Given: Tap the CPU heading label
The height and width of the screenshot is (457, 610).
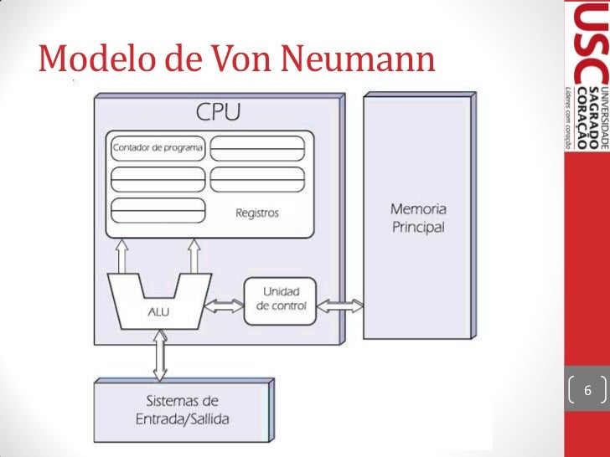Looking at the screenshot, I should coord(218,111).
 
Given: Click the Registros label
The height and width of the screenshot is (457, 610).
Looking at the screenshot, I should coord(256,213).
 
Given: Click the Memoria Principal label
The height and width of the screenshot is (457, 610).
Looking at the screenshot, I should coord(418,218).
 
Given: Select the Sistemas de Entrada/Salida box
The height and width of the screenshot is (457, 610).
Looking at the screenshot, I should coord(182,409).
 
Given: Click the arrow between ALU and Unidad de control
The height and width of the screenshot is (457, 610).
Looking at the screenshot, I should coord(224,306).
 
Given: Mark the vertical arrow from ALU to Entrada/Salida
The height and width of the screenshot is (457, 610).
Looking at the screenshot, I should coord(160,355).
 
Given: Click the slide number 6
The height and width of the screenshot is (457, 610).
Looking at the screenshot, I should coord(587,391).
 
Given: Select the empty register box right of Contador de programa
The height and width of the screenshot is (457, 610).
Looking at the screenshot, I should coord(256,149).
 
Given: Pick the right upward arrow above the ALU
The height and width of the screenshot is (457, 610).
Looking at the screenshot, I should coord(195,256).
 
